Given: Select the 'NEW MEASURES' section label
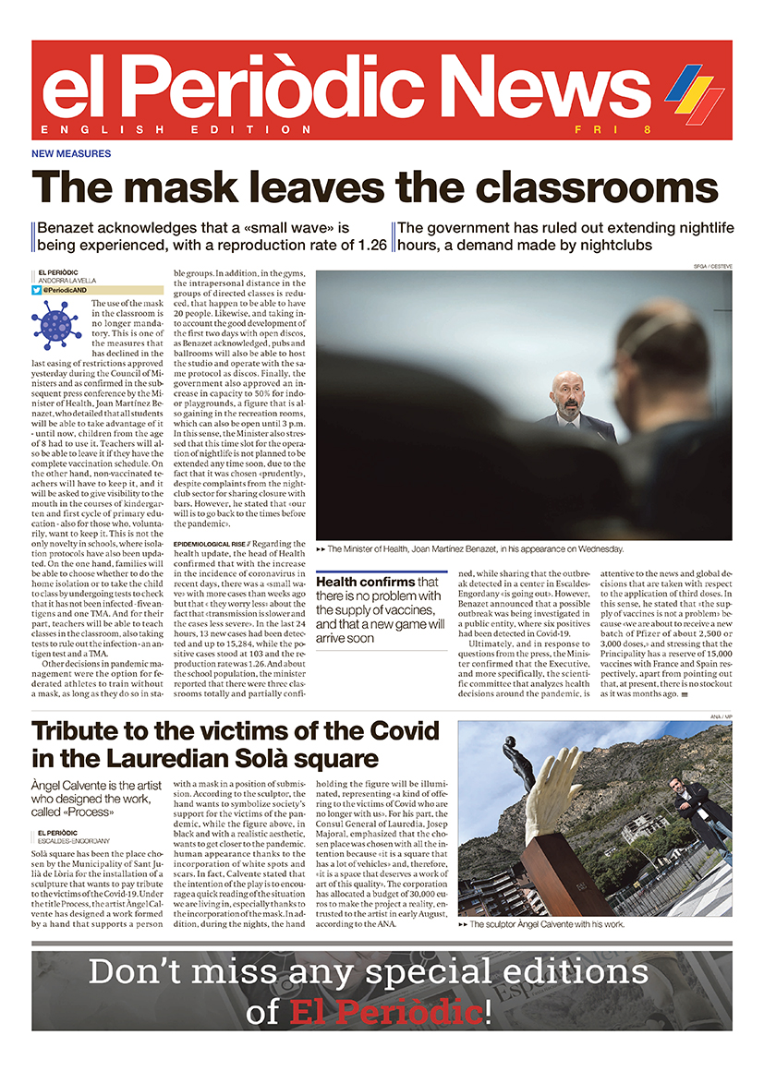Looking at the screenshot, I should coord(71,154).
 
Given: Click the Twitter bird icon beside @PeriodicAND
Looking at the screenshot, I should coord(36,290).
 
